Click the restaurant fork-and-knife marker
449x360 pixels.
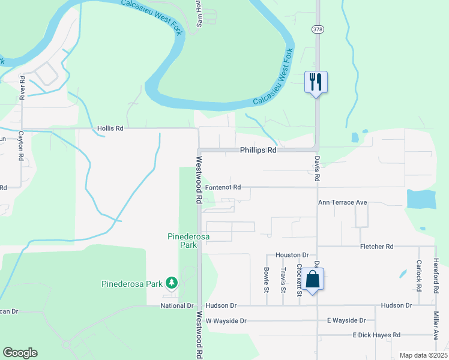point(316,82)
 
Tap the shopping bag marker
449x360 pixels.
point(313,280)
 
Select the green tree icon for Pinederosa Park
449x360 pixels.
point(172,282)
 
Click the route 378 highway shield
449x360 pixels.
point(316,29)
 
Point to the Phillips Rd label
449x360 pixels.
point(259,150)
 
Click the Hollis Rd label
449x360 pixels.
point(110,128)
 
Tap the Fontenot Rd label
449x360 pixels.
point(223,187)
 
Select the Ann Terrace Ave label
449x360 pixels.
point(342,203)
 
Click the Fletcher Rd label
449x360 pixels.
point(376,247)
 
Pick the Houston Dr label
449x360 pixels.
point(292,255)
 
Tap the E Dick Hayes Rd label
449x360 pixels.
point(376,335)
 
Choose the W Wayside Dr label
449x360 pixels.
point(226,321)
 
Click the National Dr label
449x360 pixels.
point(177,305)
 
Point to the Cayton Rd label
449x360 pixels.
point(20,146)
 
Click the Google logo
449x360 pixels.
point(20,353)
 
